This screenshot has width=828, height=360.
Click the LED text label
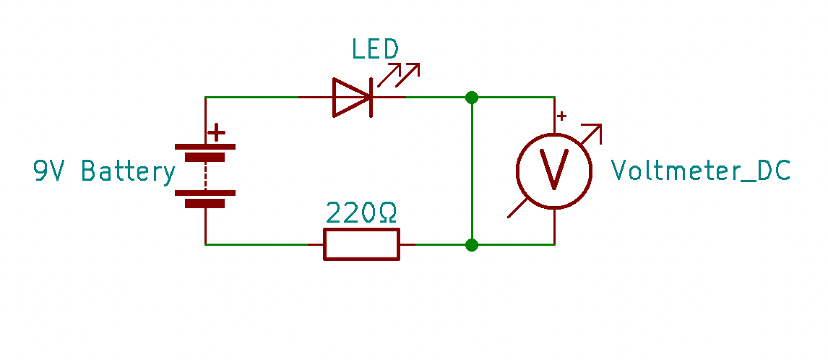374,50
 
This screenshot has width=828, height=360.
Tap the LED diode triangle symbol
350,97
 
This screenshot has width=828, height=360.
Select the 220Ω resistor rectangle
361,244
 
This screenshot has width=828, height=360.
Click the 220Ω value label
361,213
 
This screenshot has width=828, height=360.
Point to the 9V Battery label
104,171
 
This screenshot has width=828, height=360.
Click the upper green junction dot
472,97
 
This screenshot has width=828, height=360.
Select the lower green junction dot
472,245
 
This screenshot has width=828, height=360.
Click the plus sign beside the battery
215,133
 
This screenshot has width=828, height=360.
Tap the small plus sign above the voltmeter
562,116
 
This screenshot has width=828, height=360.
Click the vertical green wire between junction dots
472,171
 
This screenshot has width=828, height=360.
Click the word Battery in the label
128,171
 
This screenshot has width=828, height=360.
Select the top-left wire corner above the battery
206,97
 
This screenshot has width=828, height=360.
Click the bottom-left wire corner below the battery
206,244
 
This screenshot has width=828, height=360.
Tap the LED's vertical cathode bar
371,97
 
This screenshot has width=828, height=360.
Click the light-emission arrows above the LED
399,72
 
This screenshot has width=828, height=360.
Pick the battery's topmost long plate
205,147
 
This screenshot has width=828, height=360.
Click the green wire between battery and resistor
260,244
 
